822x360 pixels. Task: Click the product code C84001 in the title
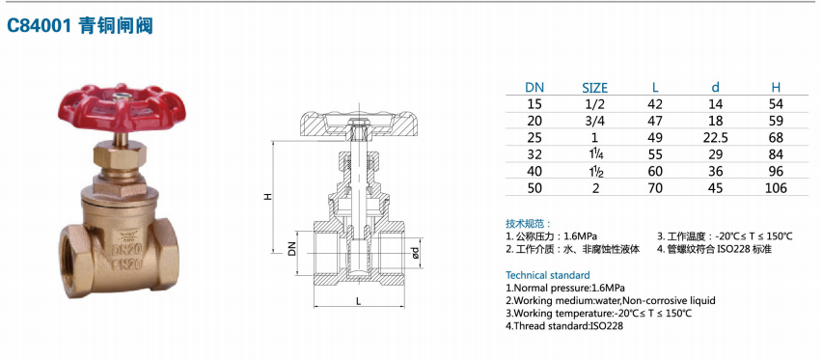(x=38, y=25)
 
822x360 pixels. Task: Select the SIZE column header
(x=595, y=88)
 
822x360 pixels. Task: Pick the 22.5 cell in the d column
(x=715, y=137)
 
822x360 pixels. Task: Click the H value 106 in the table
(x=776, y=188)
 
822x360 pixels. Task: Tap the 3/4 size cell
(x=595, y=121)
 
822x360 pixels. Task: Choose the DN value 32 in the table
(x=534, y=154)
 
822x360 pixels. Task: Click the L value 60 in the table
(x=655, y=171)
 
